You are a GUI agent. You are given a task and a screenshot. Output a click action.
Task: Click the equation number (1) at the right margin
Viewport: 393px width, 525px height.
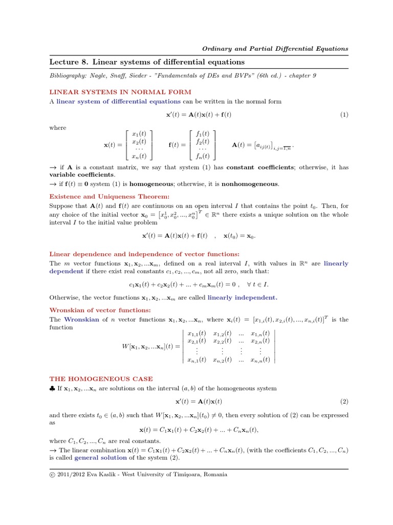(344, 115)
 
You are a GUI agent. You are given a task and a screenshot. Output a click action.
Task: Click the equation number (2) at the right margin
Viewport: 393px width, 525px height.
(344, 401)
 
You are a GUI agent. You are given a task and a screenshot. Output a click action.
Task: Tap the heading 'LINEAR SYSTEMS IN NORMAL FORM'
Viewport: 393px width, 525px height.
(120, 92)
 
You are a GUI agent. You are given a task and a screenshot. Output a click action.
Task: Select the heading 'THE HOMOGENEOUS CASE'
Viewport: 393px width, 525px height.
(101, 379)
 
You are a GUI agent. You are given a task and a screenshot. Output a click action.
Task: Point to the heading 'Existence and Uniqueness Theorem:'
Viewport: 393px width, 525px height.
(109, 196)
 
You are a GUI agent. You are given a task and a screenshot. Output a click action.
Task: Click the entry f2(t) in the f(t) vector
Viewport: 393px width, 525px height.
(202, 142)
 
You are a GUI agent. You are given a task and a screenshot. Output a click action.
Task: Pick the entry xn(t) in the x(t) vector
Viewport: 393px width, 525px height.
(139, 156)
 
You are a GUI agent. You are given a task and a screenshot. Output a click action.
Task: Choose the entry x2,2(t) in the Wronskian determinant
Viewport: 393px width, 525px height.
(222, 341)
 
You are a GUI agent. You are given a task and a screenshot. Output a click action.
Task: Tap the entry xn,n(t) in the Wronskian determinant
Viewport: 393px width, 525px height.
(260, 360)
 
